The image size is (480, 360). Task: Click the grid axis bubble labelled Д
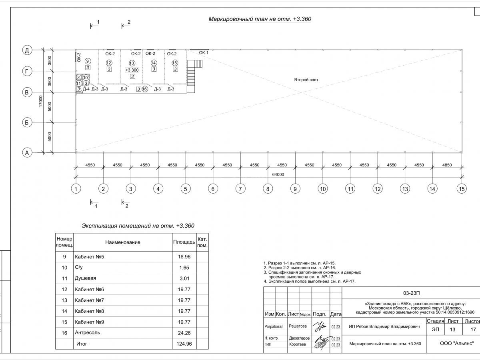pos(27,50)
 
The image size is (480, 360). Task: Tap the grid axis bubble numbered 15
pos(462,189)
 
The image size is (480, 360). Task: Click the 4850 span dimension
pos(447,165)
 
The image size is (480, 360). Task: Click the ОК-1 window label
pos(204,53)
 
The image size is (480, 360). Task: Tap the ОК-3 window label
pos(79,57)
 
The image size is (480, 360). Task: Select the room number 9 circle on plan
pos(88,61)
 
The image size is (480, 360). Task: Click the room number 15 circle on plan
pos(175,63)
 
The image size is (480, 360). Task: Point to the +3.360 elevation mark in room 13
pos(132,70)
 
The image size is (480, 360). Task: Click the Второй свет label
pos(306,80)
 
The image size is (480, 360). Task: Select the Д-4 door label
pos(86,89)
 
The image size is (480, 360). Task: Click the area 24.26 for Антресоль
pos(184,333)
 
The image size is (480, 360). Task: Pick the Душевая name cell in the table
pos(85,278)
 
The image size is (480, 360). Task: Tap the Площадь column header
pos(184,242)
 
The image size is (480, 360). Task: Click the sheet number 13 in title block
pos(452,330)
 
